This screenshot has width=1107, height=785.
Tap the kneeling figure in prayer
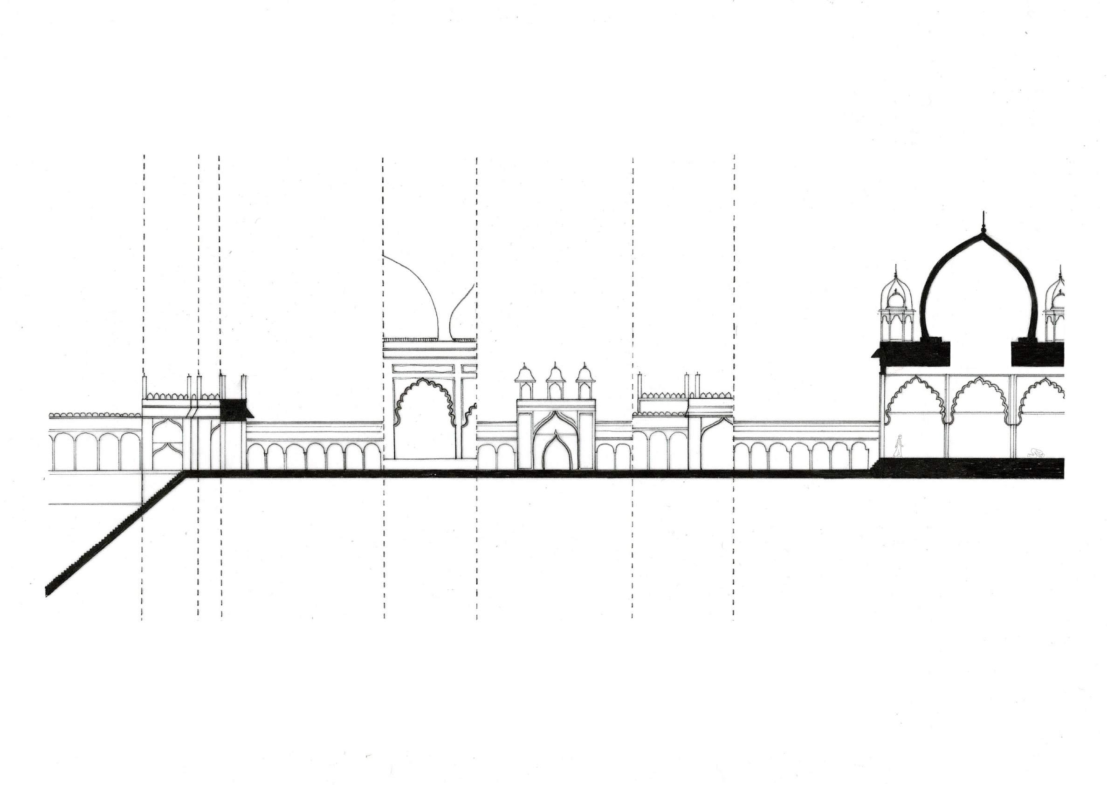pos(1034,453)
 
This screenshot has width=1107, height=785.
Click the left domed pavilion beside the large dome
pos(896,309)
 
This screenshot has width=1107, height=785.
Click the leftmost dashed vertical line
pos(143,338)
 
